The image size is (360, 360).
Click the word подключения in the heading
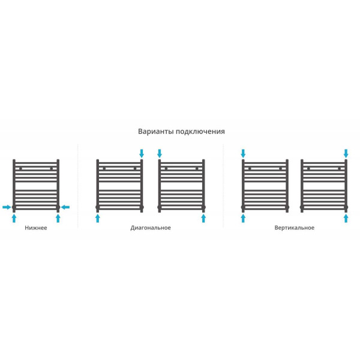point(200,132)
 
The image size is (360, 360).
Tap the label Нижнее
point(36,228)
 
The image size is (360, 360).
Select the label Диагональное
point(151,228)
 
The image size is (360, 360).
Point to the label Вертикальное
point(295,228)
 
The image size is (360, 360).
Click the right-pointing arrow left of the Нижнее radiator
point(7,207)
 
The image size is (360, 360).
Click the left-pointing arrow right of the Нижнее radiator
point(65,207)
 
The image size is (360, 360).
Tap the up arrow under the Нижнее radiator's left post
point(14,218)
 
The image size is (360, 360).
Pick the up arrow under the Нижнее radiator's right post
point(58,218)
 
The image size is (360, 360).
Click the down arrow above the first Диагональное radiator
point(142,154)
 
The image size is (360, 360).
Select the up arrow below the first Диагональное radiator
point(98,218)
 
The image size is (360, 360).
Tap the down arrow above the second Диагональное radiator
point(160,154)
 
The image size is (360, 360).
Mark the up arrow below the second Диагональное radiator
point(203,218)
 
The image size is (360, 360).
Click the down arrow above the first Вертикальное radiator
point(243,154)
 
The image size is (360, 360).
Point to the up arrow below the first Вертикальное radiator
point(243,218)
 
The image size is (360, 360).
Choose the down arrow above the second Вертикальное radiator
point(346,154)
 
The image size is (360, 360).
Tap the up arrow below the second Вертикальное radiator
point(346,218)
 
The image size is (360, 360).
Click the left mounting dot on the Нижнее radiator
point(20,169)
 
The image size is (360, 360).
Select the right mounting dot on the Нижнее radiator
point(52,169)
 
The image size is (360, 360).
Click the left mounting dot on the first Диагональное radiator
point(104,169)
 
